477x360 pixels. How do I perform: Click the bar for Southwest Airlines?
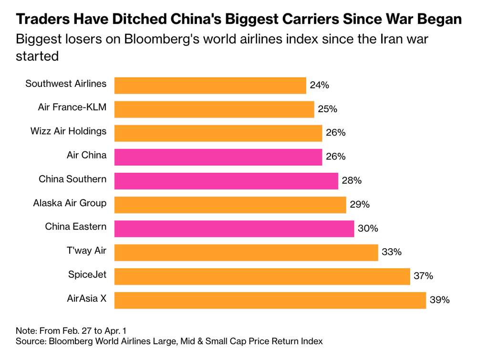[210, 85]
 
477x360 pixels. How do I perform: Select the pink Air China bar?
[218, 157]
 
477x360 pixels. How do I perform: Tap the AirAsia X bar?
[270, 300]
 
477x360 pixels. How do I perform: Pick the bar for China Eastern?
[234, 228]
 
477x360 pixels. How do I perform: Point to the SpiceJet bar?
[262, 276]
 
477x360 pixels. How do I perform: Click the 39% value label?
[440, 300]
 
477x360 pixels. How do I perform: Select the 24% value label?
[320, 85]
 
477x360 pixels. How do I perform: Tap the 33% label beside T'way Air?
[392, 252]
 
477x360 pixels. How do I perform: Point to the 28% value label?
[352, 180]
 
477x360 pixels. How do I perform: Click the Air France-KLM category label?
[72, 107]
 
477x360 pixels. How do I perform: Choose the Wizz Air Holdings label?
[68, 131]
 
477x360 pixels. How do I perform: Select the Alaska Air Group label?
[70, 203]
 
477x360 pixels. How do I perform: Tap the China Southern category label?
[73, 179]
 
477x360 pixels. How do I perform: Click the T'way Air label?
[86, 251]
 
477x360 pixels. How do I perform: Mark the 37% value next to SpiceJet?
[424, 276]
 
